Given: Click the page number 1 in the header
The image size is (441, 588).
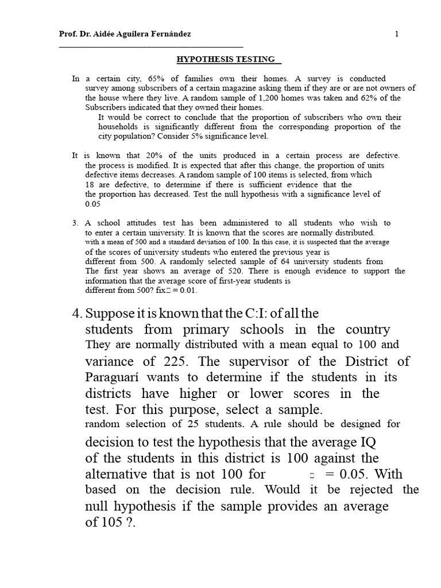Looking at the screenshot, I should [x=396, y=34].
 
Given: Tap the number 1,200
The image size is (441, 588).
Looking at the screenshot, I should [x=238, y=98].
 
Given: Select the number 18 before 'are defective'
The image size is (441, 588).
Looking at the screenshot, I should [x=90, y=185].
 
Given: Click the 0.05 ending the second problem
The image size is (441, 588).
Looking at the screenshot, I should [x=92, y=204].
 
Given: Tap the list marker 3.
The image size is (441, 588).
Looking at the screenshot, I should [x=75, y=223].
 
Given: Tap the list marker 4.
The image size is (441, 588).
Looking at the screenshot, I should [x=78, y=314].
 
